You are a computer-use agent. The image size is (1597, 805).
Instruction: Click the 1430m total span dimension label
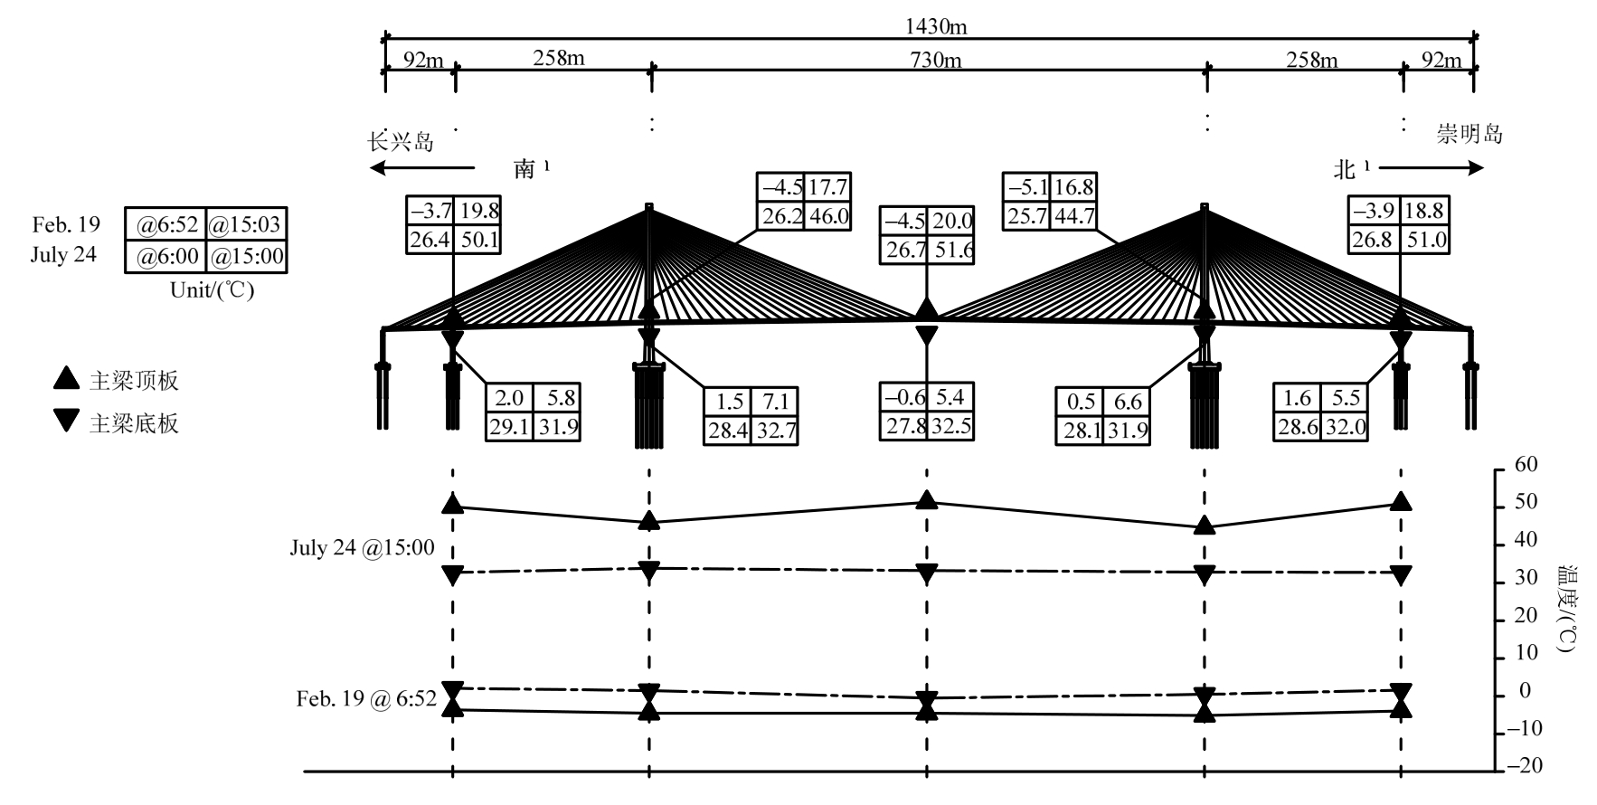pyautogui.click(x=936, y=26)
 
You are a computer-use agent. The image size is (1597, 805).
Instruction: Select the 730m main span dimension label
pyautogui.click(x=936, y=61)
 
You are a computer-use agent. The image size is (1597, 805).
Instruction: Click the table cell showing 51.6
pyautogui.click(x=951, y=250)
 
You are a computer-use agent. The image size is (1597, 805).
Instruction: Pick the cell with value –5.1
pyautogui.click(x=1026, y=187)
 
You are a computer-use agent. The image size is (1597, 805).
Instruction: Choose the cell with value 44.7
pyautogui.click(x=1075, y=215)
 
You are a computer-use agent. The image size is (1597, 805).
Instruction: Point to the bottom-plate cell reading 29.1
pyautogui.click(x=509, y=427)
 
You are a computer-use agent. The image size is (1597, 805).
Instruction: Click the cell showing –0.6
pyautogui.click(x=903, y=397)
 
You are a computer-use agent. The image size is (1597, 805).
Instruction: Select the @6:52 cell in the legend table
pyautogui.click(x=166, y=224)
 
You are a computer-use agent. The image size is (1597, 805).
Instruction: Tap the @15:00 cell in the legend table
pyautogui.click(x=247, y=256)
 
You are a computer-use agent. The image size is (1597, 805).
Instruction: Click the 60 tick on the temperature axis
pyautogui.click(x=1526, y=465)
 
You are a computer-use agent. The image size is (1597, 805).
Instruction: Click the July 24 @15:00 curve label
pyautogui.click(x=362, y=548)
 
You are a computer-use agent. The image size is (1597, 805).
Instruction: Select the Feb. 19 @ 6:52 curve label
pyautogui.click(x=366, y=699)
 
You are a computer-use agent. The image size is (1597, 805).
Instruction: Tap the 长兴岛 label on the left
pyautogui.click(x=401, y=142)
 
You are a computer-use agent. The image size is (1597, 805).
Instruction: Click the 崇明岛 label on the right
pyautogui.click(x=1469, y=135)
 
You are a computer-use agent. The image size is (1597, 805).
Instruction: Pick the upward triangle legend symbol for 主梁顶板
pyautogui.click(x=66, y=379)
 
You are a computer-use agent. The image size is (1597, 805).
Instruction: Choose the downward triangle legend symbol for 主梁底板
pyautogui.click(x=66, y=421)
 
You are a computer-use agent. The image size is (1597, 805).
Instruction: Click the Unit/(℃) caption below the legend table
pyautogui.click(x=213, y=290)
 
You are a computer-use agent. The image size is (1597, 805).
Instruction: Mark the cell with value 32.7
pyautogui.click(x=776, y=430)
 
